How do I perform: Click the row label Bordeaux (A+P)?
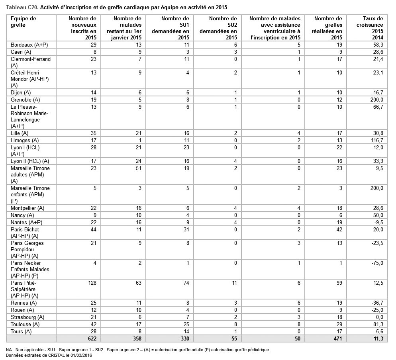[x=29, y=45]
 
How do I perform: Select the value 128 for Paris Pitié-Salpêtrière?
[x=92, y=283]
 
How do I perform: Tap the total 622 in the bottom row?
[x=92, y=338]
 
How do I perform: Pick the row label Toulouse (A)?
[x=25, y=324]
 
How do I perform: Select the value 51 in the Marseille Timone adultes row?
[x=138, y=168]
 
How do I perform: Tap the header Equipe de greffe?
[x=24, y=22]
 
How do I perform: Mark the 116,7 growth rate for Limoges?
[x=376, y=140]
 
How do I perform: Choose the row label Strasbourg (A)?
[x=27, y=317]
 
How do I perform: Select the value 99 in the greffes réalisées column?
[x=339, y=283]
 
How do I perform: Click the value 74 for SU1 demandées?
[x=185, y=283]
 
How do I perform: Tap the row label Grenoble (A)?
[x=25, y=100]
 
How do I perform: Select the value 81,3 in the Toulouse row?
[x=377, y=324]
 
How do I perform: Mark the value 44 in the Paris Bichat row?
[x=93, y=230]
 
